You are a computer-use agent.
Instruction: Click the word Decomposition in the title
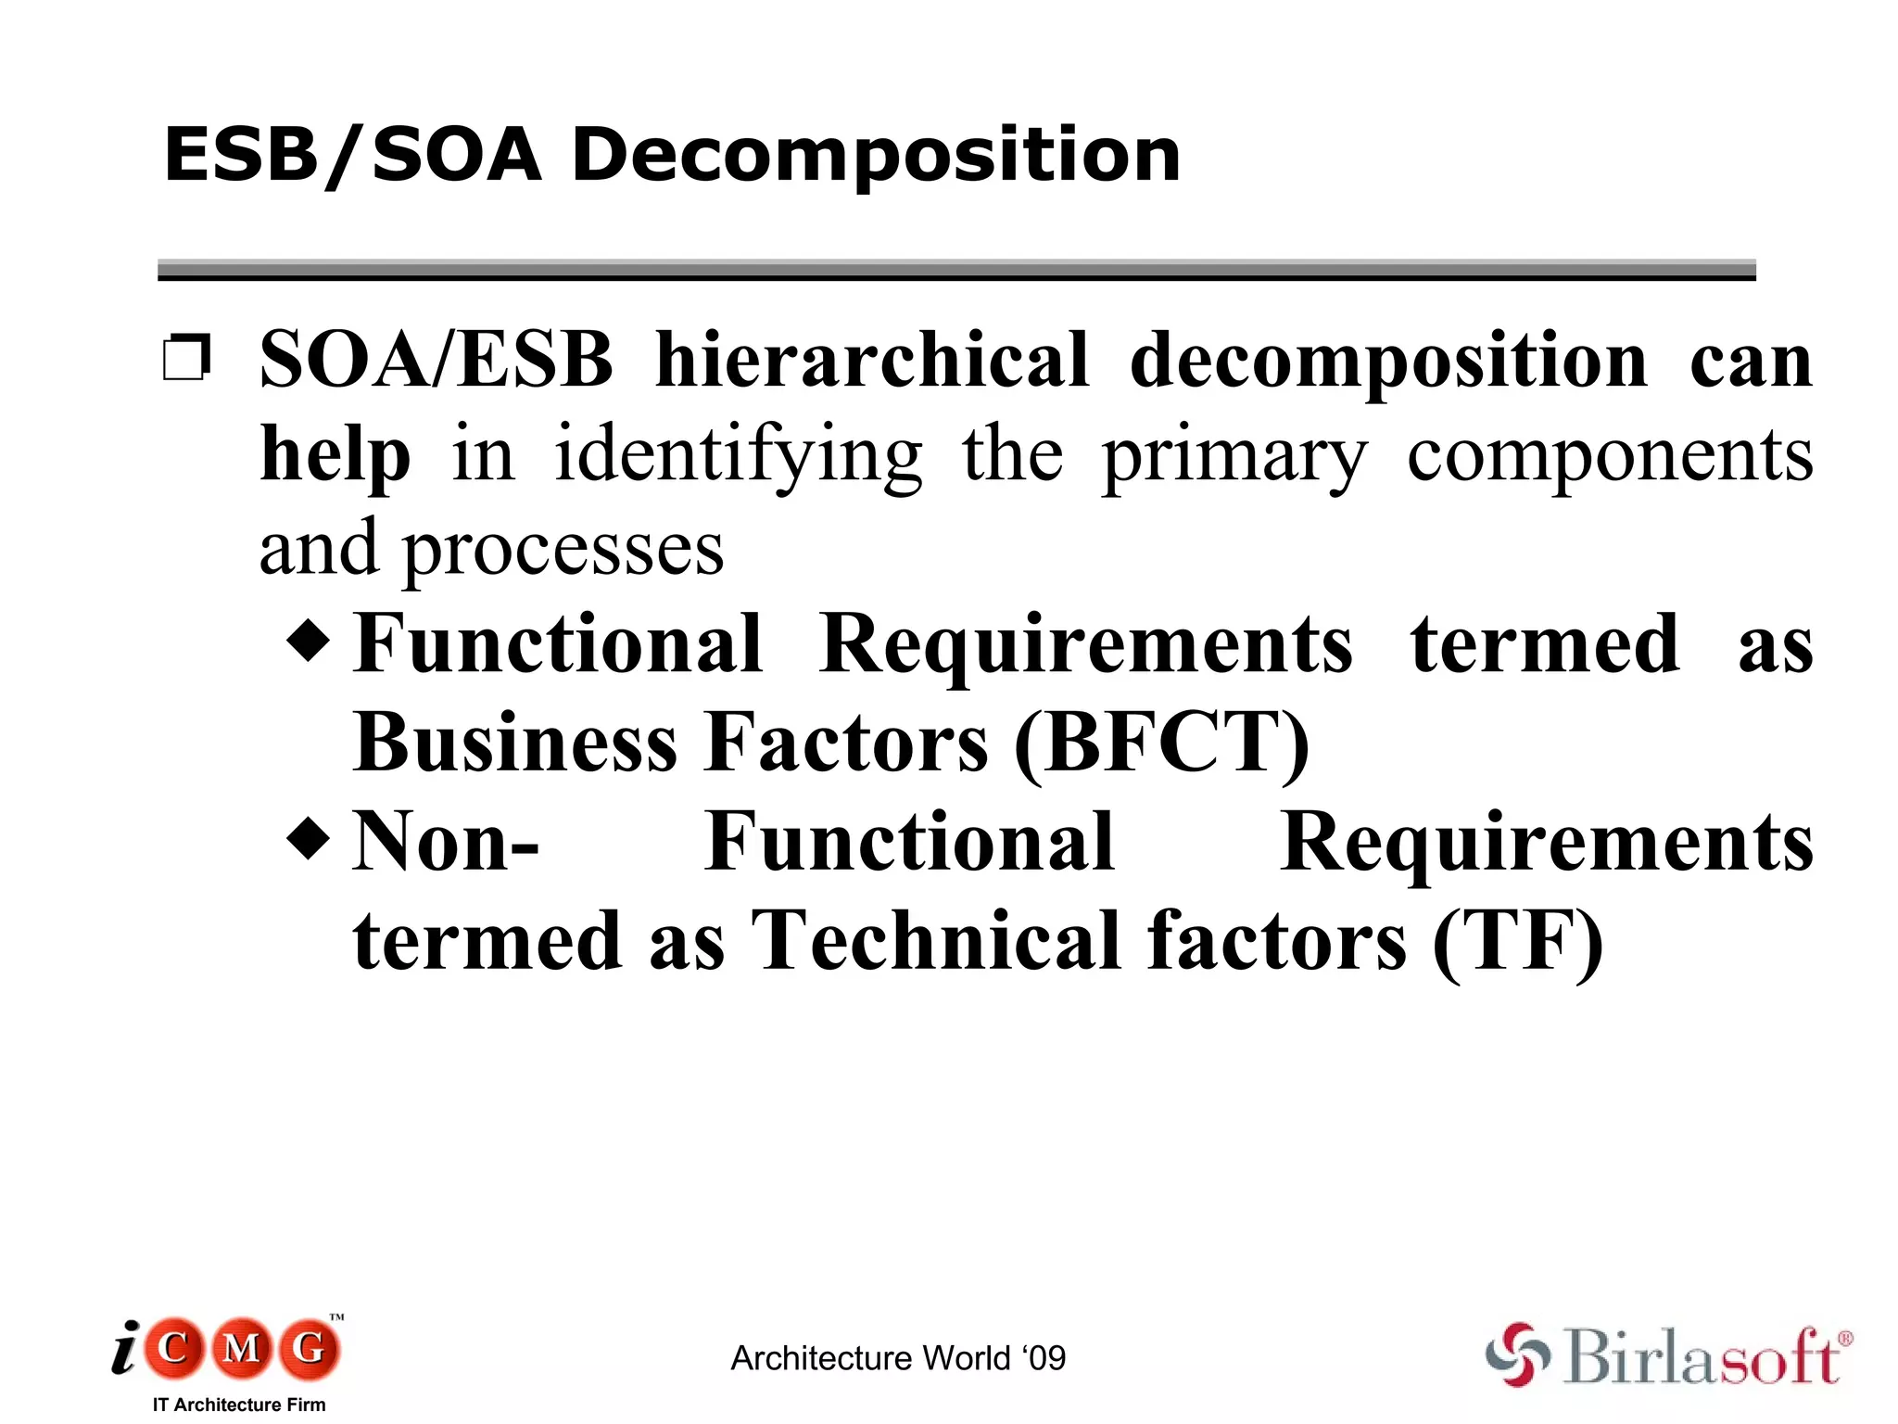click(x=876, y=156)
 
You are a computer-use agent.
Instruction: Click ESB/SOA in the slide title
click(x=352, y=156)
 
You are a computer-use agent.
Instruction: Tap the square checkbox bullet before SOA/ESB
click(x=186, y=358)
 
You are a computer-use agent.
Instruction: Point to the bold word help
click(x=335, y=455)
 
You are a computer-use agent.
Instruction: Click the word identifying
click(x=738, y=455)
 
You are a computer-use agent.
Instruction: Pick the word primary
click(x=1234, y=457)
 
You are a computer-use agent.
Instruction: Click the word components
click(x=1610, y=455)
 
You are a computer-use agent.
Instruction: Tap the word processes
click(x=563, y=550)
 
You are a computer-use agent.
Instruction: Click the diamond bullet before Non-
click(x=309, y=839)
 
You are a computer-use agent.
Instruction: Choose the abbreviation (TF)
click(x=1517, y=941)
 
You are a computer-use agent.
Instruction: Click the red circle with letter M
click(x=242, y=1348)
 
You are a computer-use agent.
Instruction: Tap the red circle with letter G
click(x=310, y=1348)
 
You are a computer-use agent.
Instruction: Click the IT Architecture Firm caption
click(x=239, y=1405)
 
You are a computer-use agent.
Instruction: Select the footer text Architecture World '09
click(x=898, y=1358)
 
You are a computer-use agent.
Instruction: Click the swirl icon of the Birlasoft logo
click(x=1517, y=1354)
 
